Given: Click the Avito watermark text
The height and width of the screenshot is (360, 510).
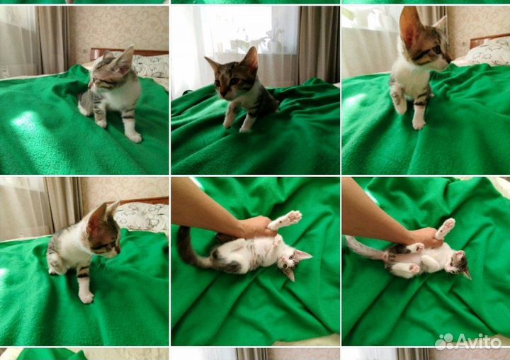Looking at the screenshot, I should (x=479, y=342).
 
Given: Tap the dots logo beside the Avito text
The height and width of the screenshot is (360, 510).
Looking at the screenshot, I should (x=445, y=342).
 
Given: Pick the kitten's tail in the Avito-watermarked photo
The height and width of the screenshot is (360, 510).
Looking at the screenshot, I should (x=365, y=248).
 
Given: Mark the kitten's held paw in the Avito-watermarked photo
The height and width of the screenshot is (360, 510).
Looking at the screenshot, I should (x=446, y=227).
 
